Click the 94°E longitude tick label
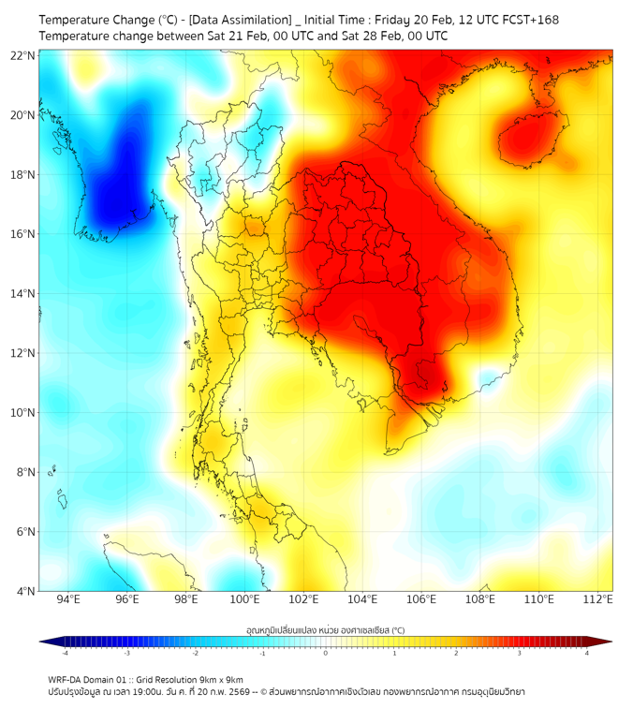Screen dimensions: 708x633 pos(68,599)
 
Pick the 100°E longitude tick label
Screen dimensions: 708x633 pos(245,599)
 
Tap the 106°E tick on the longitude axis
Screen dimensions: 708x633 pos(421,599)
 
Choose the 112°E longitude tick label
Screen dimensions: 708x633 pos(598,599)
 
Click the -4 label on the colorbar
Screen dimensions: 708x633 pos(65,653)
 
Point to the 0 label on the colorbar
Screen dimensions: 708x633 pos(326,653)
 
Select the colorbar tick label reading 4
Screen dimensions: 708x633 pos(587,653)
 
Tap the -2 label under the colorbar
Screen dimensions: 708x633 pos(195,653)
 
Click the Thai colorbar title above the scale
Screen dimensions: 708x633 pos(325,630)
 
